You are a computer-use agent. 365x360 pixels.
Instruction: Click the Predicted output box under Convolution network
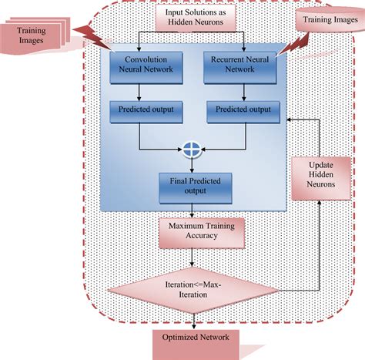[x=146, y=110]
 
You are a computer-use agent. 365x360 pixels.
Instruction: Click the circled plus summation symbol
[x=189, y=150]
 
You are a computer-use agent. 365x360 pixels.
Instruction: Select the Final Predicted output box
[x=189, y=185]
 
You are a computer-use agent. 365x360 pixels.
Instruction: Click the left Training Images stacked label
[x=34, y=35]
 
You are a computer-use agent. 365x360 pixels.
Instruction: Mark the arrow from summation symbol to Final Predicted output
[x=189, y=163]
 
